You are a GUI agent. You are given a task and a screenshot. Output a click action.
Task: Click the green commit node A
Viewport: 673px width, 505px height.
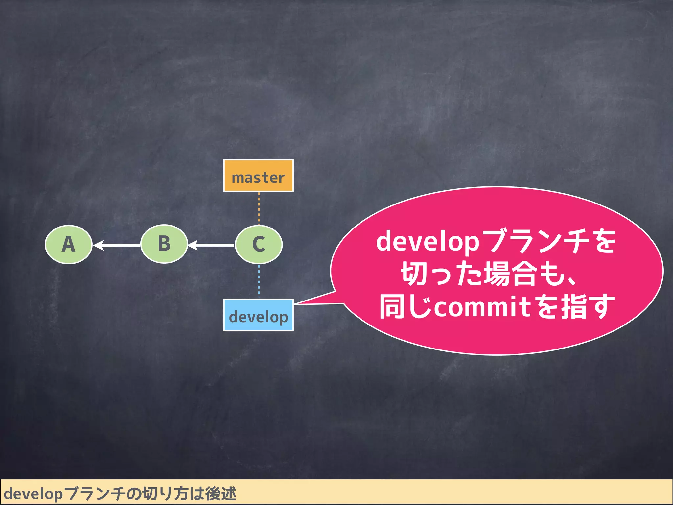(68, 245)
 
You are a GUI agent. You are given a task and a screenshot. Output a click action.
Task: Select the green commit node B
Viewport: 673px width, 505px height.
(164, 244)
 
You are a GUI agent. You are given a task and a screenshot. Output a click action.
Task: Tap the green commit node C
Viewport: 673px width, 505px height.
(259, 245)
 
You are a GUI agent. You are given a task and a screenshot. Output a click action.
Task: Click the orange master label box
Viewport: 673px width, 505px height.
(258, 176)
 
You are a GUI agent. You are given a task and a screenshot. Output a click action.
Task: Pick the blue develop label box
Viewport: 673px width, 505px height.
(258, 315)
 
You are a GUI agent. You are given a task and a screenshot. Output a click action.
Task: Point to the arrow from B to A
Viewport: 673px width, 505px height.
(118, 245)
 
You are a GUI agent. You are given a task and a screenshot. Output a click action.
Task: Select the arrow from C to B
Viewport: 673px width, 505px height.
(212, 245)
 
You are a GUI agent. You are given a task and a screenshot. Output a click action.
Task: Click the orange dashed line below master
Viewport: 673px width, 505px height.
(259, 208)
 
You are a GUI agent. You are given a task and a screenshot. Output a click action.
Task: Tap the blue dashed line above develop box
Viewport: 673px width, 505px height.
(259, 281)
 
